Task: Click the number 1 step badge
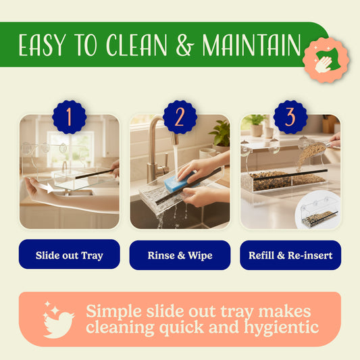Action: tap(69, 117)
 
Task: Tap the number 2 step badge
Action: tap(180, 117)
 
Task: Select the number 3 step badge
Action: tap(290, 117)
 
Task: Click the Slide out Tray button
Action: tap(69, 255)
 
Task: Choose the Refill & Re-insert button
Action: tap(290, 255)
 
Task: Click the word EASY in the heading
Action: tap(42, 46)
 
